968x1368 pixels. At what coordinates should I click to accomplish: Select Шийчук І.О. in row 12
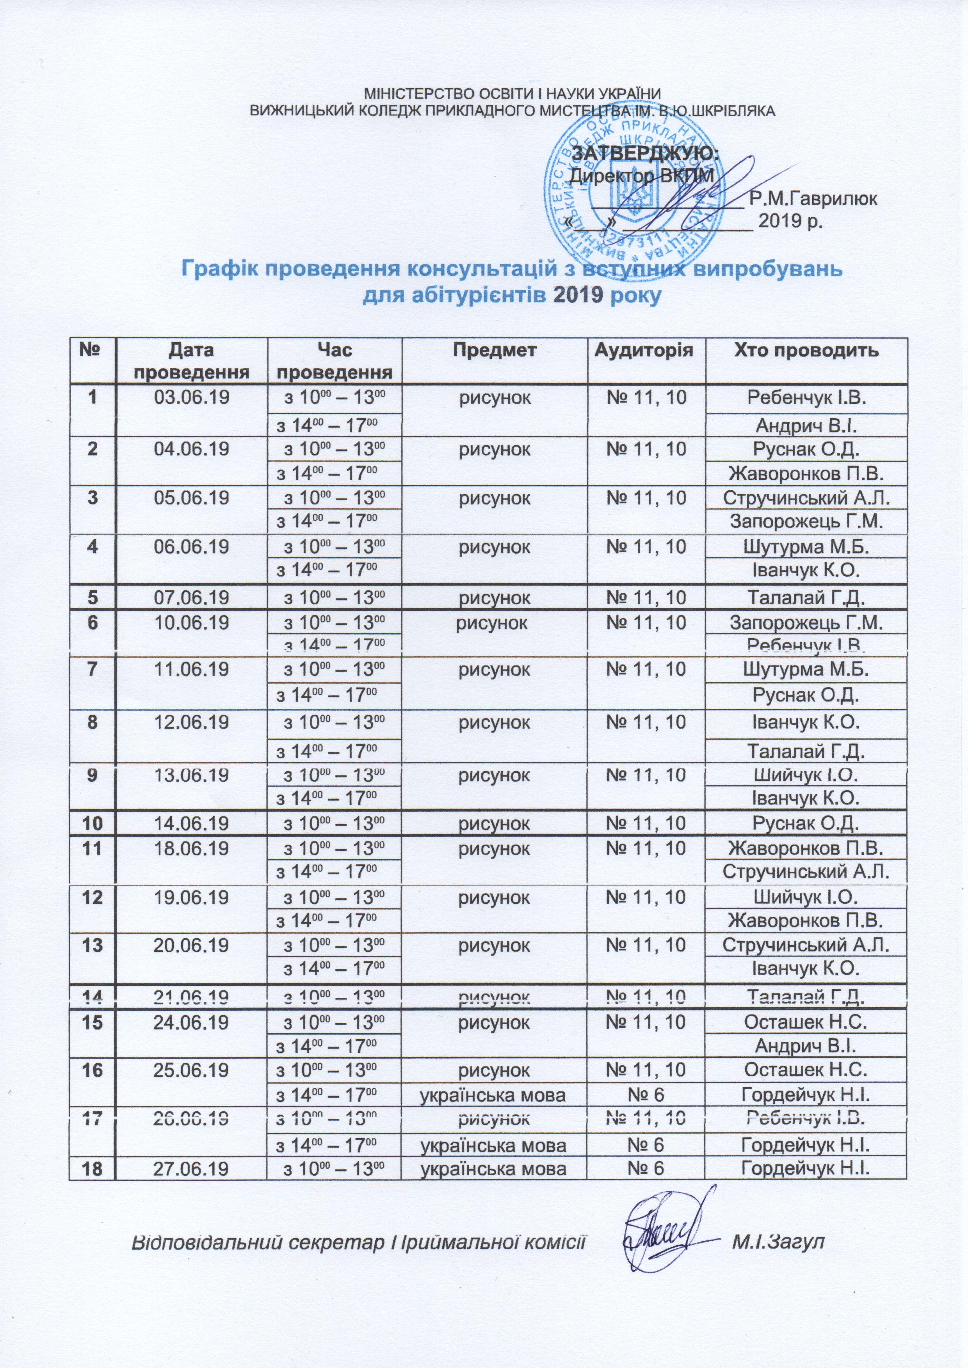click(806, 897)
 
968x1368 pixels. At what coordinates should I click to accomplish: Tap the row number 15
click(93, 1022)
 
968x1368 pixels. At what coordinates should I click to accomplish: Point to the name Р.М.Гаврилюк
click(813, 199)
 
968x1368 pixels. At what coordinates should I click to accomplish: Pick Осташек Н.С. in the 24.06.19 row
click(806, 1022)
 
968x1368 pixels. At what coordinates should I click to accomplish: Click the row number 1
click(93, 397)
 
